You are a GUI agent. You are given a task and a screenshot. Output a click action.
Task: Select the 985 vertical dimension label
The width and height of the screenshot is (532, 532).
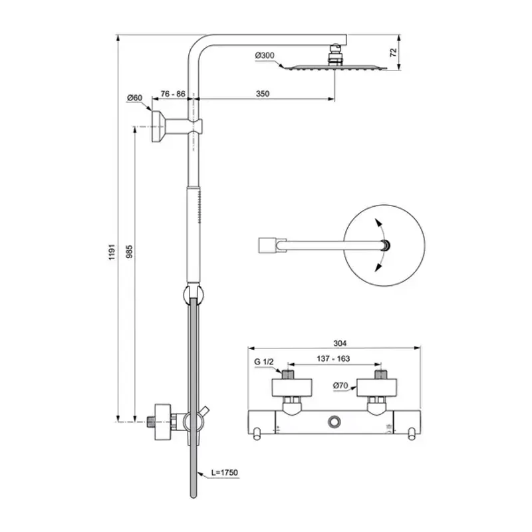click(x=130, y=251)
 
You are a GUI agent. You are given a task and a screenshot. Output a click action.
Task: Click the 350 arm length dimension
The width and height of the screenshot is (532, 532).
click(x=262, y=94)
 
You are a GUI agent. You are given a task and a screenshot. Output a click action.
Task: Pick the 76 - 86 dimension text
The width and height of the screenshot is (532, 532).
click(x=172, y=94)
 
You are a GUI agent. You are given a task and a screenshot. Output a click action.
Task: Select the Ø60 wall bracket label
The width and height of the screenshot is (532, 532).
click(x=135, y=98)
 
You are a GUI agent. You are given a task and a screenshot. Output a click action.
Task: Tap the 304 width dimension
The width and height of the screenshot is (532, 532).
click(x=339, y=343)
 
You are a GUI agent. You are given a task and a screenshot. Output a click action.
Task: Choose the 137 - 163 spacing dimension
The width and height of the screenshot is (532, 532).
click(x=333, y=358)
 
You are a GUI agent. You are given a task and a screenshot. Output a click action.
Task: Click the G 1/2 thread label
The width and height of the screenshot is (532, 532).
click(x=264, y=361)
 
